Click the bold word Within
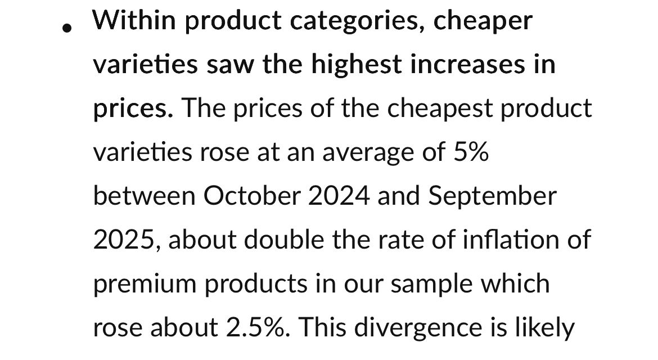pyautogui.click(x=134, y=21)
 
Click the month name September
pyautogui.click(x=493, y=196)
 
